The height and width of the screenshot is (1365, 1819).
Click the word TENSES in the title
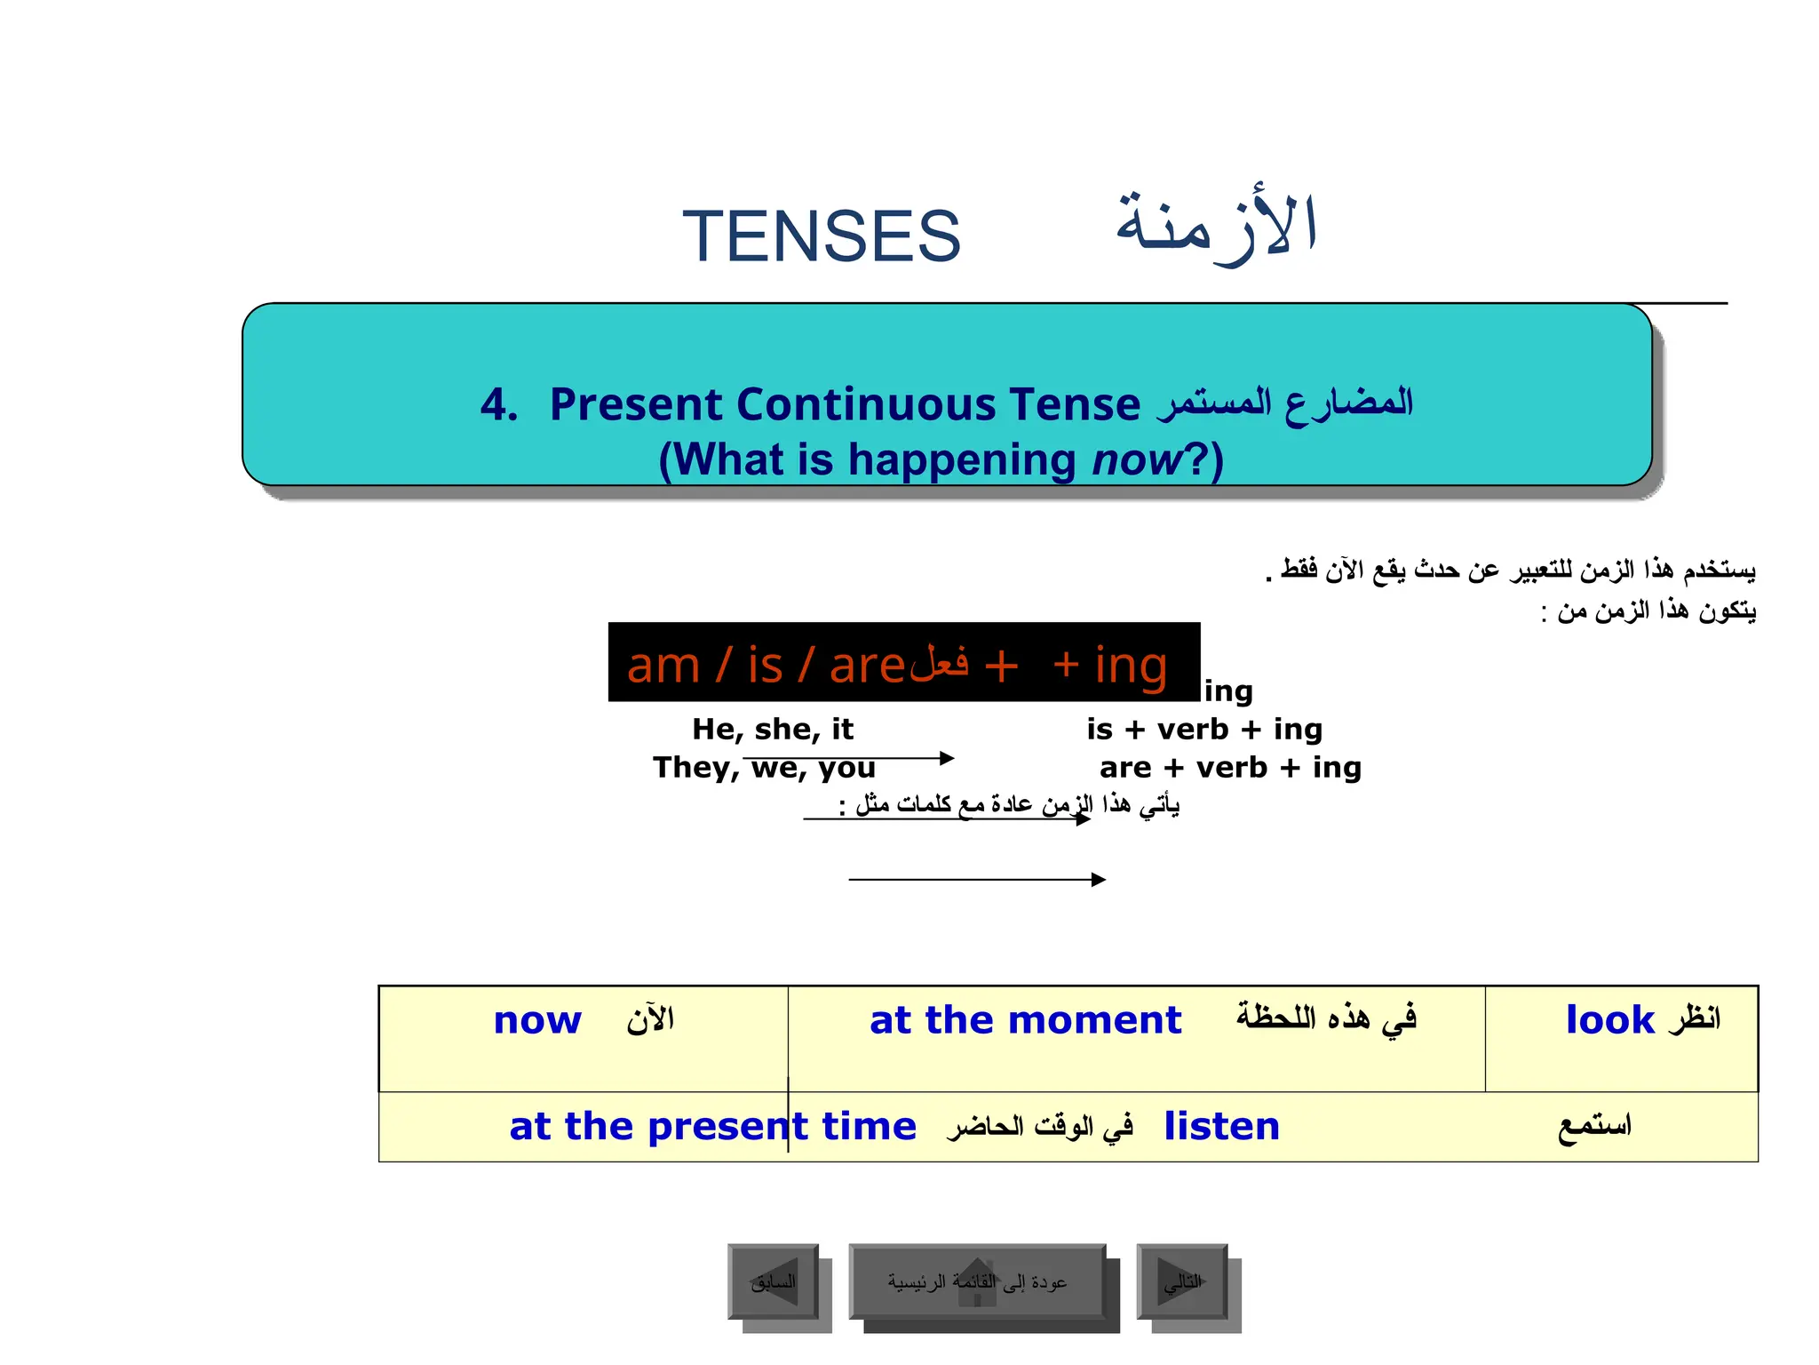point(821,236)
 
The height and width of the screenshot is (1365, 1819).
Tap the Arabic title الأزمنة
point(1216,227)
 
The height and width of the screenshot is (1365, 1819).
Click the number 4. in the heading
point(499,405)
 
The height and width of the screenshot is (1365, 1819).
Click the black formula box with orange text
point(903,662)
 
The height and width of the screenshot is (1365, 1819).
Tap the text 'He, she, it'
point(772,730)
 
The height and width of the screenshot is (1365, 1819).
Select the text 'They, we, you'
point(764,768)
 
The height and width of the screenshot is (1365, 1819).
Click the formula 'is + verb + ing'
point(1204,730)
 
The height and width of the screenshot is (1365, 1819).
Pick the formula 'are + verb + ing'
point(1230,768)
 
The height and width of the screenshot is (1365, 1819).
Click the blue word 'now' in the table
point(537,1020)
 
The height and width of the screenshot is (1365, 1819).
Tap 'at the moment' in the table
point(1025,1020)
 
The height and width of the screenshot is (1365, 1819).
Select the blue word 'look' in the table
point(1609,1020)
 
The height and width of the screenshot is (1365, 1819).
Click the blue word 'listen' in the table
point(1221,1127)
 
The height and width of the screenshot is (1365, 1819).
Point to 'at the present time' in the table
point(712,1127)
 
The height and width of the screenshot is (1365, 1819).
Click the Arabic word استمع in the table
point(1594,1127)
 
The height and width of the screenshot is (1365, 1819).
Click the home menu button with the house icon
point(977,1282)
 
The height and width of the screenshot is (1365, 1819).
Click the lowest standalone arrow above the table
point(977,880)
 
